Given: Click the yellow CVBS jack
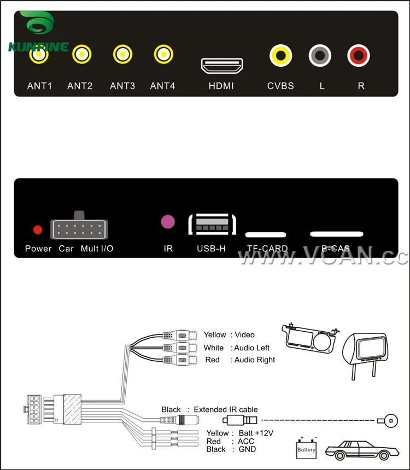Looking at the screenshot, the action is (x=280, y=55).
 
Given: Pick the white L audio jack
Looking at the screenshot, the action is (x=320, y=55).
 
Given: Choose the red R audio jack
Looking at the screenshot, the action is (x=359, y=55).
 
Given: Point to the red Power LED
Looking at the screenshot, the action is (x=38, y=230).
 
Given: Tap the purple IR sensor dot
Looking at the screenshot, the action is (x=168, y=221).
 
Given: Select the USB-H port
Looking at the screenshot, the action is (x=212, y=225).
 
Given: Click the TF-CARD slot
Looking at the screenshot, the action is (x=266, y=235).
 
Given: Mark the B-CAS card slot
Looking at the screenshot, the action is (x=337, y=234).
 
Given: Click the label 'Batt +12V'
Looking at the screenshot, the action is (x=255, y=433).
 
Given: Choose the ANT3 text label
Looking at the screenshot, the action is (x=122, y=86).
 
